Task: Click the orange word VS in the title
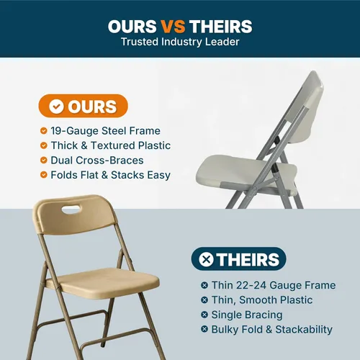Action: [x=173, y=26]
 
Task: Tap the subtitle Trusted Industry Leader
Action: [x=180, y=42]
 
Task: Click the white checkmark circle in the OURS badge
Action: [x=56, y=107]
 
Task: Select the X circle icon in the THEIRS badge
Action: [x=206, y=259]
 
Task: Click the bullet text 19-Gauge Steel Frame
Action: [x=105, y=131]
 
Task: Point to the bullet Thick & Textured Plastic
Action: [x=111, y=145]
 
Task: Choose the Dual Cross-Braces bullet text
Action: [x=97, y=161]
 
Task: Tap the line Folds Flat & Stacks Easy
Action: [x=110, y=175]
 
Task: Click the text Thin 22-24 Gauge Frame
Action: [x=274, y=285]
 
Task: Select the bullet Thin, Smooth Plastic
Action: [x=262, y=300]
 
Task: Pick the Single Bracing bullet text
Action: [x=247, y=315]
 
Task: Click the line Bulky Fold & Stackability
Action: [x=271, y=330]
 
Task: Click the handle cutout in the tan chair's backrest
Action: [x=72, y=210]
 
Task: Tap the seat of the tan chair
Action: [x=103, y=284]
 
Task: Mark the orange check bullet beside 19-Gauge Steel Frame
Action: [x=44, y=131]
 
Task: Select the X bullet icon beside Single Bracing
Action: [x=204, y=315]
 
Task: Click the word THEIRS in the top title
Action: [x=221, y=26]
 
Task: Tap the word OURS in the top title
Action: [x=132, y=26]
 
